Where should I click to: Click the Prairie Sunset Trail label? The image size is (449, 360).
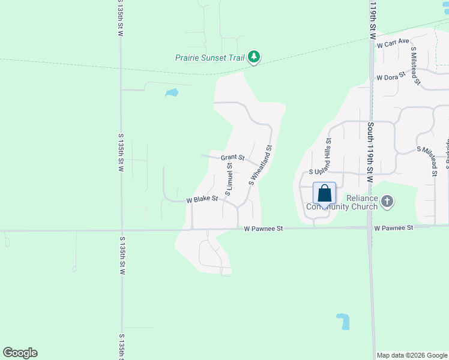coord(210,58)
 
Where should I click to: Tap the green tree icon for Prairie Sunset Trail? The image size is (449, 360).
coord(255,57)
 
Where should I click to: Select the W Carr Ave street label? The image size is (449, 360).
coord(393,43)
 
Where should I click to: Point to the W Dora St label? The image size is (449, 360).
coord(391,77)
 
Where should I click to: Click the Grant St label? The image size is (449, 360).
coord(232,158)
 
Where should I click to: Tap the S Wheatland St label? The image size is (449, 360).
coord(261,164)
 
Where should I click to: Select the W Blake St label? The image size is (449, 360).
coord(202,199)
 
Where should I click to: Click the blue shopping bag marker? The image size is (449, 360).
coord(324,194)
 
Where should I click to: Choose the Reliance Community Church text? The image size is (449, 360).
coord(343,203)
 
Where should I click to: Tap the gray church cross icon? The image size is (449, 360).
coord(387,202)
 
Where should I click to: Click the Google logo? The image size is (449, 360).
coord(20,353)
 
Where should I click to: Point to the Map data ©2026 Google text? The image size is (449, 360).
coord(412,355)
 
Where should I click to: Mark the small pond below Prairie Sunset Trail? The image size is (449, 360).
coord(172,93)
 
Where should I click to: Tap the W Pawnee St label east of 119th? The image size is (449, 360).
coord(394,228)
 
